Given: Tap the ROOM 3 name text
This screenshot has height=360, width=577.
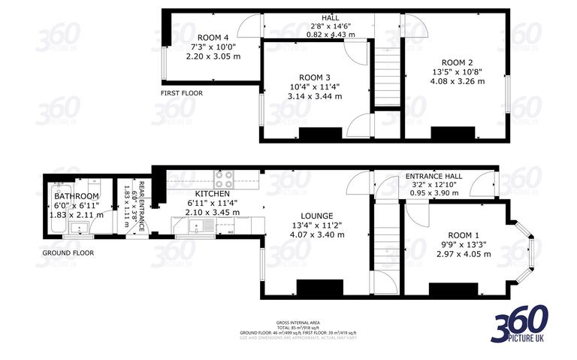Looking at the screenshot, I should tap(315, 77).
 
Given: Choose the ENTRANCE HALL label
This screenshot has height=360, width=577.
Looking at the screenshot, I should tap(434, 176).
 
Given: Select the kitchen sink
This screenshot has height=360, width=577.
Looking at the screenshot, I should tap(187, 227).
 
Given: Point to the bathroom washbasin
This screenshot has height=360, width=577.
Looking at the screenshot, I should tap(78, 228).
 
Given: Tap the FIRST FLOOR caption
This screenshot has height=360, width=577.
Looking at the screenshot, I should tap(181, 93).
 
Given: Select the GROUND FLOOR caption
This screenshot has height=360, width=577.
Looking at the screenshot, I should tap(68, 253).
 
